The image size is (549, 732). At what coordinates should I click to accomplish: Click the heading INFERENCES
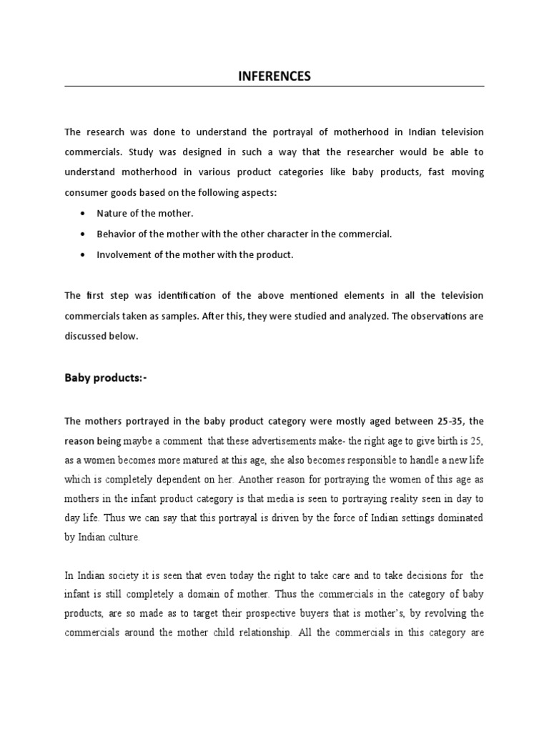coord(274,76)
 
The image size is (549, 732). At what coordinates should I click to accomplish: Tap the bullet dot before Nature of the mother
coord(86,214)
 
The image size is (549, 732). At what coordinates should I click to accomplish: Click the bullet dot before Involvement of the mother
coord(86,255)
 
